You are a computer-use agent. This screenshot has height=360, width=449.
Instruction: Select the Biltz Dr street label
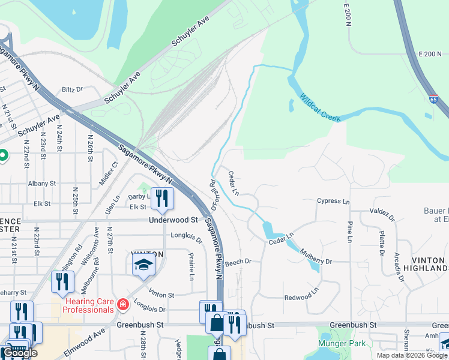click(72, 89)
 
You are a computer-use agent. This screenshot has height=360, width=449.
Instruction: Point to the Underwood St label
click(173, 220)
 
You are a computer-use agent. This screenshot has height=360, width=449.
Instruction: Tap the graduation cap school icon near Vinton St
click(143, 264)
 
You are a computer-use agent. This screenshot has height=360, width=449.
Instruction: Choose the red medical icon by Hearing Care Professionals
click(123, 305)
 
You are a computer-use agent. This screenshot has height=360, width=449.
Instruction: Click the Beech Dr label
click(238, 262)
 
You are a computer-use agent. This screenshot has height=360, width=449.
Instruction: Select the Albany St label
click(41, 183)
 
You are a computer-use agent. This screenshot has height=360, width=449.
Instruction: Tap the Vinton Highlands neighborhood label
click(429, 264)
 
